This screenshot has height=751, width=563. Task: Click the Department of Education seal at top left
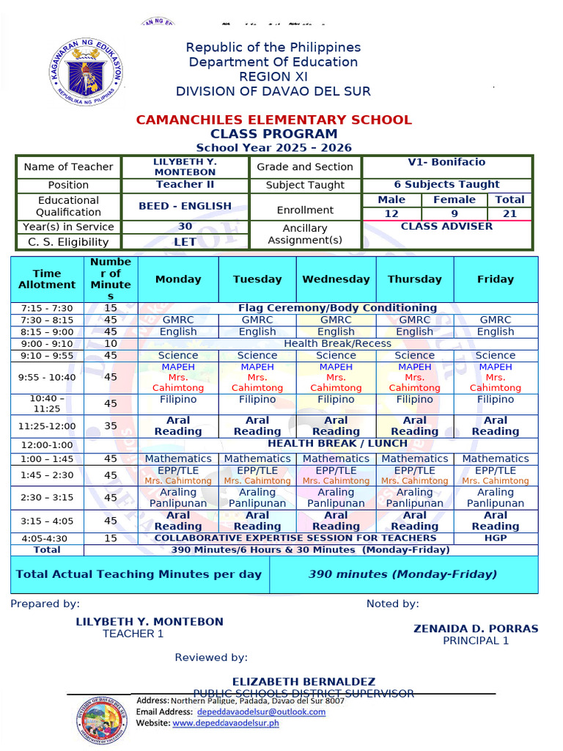coord(87,72)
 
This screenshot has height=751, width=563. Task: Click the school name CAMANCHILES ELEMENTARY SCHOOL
coord(274,120)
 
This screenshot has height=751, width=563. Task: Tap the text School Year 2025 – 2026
coord(273,147)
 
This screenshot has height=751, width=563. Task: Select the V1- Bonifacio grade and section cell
coord(446,163)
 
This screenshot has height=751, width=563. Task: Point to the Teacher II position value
coord(185,185)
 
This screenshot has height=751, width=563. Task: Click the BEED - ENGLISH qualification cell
coord(185,206)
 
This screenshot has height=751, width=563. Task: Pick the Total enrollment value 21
coord(509,213)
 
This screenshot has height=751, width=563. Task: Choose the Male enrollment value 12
coord(391,213)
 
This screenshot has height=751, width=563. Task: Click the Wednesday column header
coord(336,279)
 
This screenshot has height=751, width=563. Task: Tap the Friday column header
coord(496,279)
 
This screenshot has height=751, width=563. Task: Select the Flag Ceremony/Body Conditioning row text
coord(337,308)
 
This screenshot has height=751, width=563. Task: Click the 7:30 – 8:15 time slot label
coord(47,320)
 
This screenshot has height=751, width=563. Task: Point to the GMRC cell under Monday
coord(178,320)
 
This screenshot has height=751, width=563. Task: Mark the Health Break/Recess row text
coord(337,343)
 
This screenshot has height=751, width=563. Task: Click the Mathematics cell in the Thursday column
coord(415,458)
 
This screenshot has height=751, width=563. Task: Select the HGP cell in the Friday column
coord(496,538)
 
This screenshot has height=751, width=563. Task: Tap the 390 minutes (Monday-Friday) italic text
coord(402,574)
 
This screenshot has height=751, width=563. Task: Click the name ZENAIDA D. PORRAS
coord(475,629)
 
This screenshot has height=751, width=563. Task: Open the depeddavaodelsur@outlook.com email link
coord(262,711)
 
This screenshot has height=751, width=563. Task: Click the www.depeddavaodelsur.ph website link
coord(226,723)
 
